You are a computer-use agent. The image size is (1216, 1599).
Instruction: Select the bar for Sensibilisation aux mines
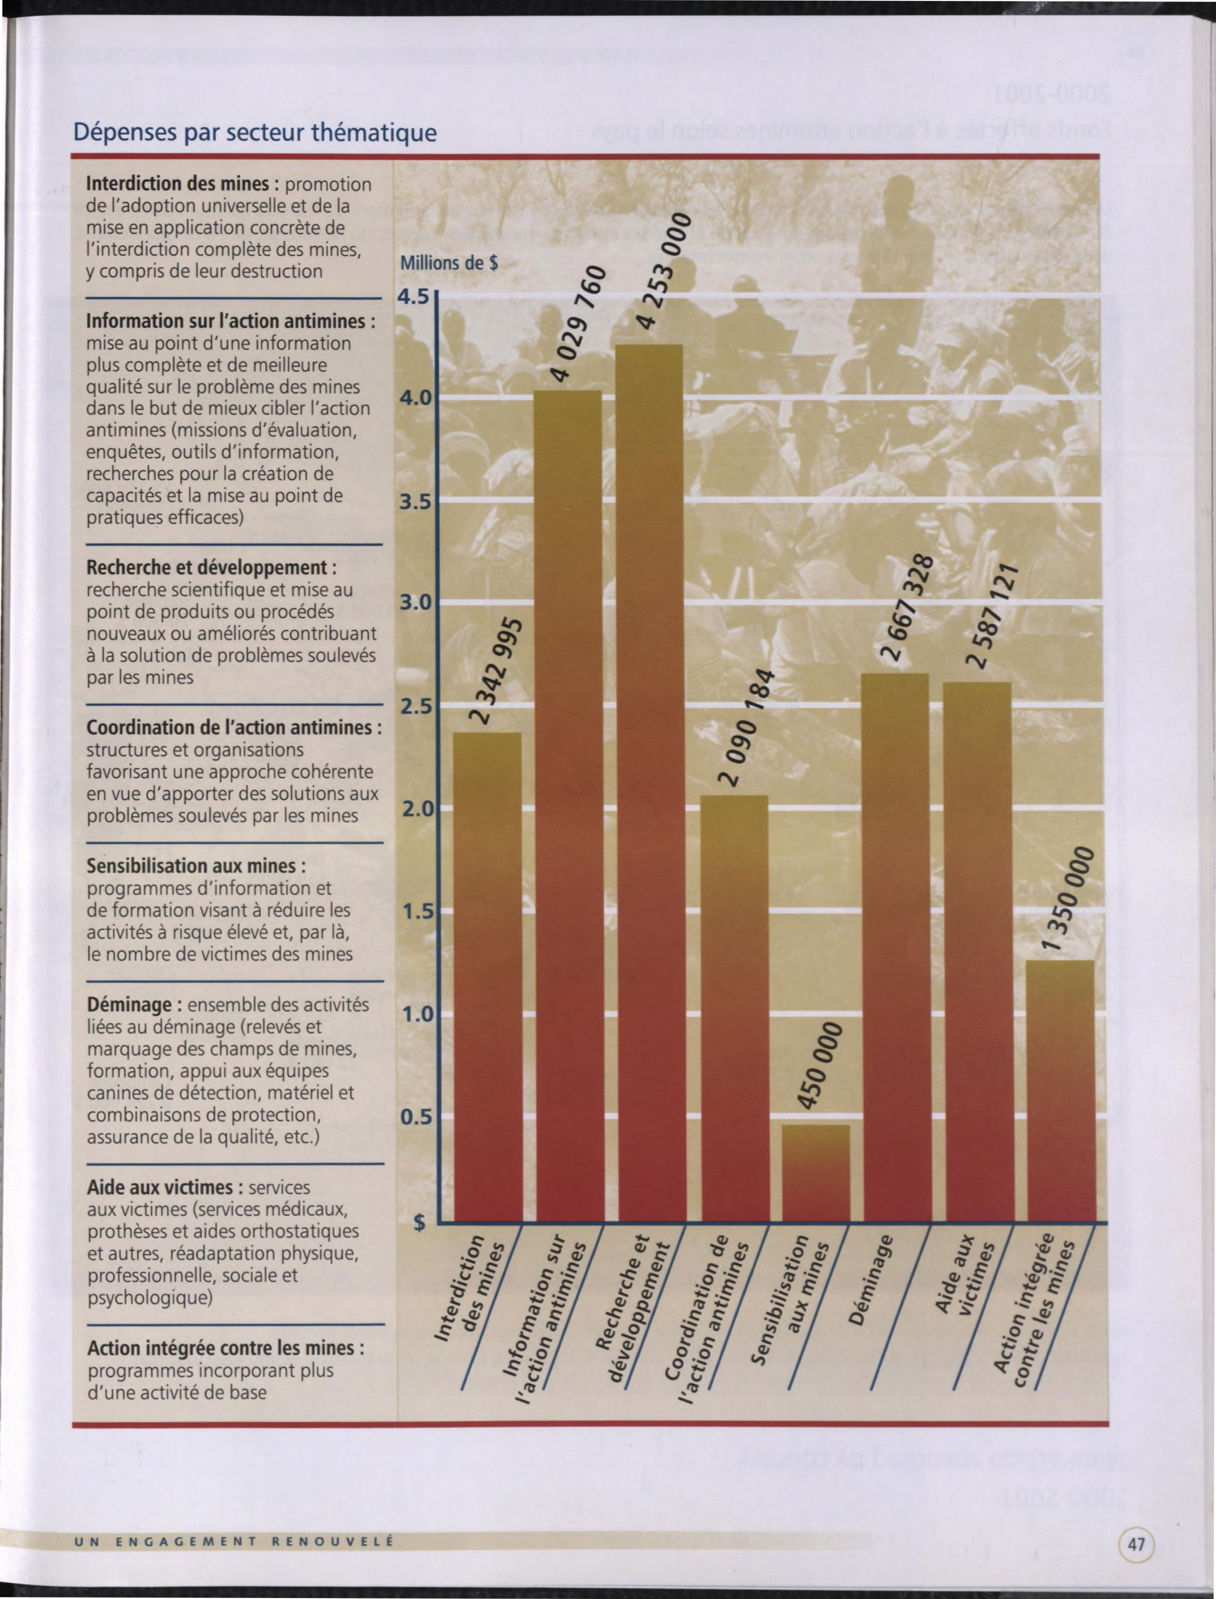tap(815, 1172)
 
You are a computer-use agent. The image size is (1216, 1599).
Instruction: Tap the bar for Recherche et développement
tap(649, 783)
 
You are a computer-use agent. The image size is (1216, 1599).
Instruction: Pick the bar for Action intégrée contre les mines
tap(1060, 1090)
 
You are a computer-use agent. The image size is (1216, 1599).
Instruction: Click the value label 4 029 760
tap(577, 323)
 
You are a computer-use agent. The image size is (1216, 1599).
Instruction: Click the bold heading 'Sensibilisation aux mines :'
tap(196, 866)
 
